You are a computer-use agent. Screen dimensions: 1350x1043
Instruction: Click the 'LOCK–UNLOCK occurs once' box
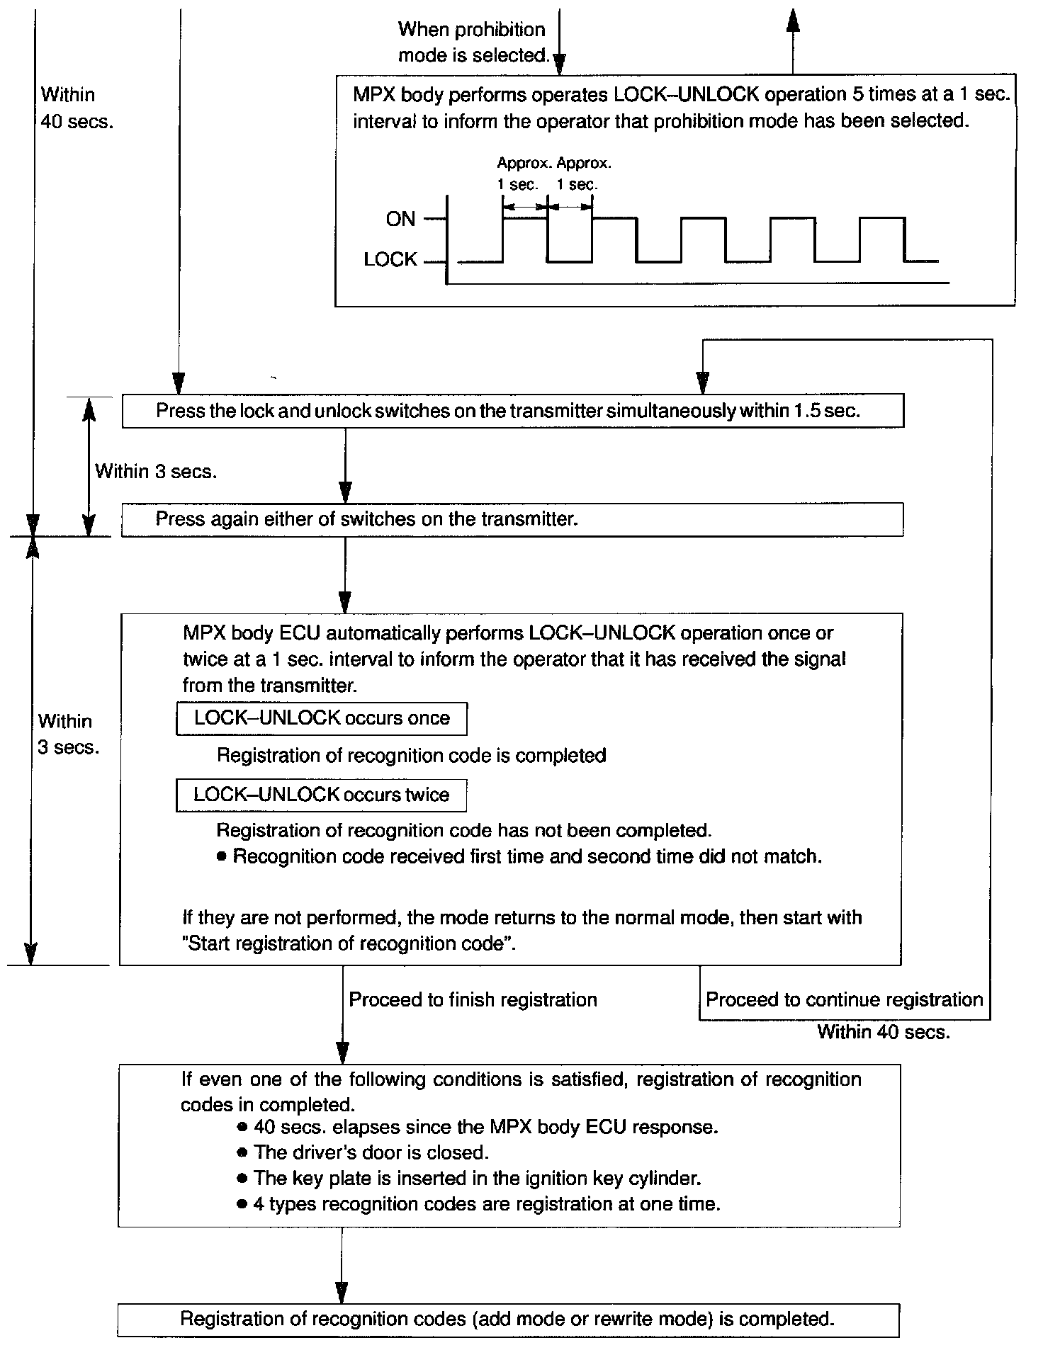(321, 718)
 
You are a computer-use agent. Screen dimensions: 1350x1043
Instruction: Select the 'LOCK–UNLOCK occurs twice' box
(321, 795)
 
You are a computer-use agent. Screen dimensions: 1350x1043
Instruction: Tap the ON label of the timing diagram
(400, 219)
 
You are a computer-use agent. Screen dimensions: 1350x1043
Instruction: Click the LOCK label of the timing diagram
(390, 260)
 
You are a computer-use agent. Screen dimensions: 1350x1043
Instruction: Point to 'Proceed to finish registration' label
(473, 999)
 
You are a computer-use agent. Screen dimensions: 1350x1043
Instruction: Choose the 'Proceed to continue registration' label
(844, 999)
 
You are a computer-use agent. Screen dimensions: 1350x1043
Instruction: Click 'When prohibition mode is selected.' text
(473, 42)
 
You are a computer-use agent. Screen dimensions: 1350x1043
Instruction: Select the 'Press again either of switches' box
(512, 519)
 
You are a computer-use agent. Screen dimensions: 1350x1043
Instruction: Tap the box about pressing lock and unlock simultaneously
(512, 412)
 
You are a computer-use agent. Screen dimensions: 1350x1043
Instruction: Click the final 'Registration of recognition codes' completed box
(508, 1319)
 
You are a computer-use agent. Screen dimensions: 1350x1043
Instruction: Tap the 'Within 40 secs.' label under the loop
(883, 1031)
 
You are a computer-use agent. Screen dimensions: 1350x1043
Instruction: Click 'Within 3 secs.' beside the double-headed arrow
(156, 471)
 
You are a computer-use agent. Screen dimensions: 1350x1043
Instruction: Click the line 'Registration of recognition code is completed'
(411, 756)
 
